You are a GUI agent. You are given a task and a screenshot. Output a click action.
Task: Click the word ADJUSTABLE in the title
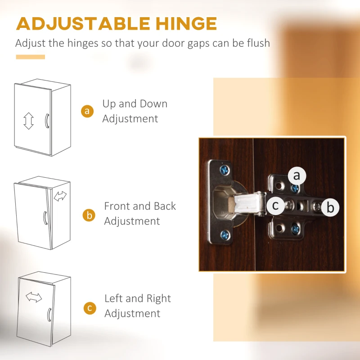click(x=83, y=23)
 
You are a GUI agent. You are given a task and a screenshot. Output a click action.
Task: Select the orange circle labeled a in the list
click(x=87, y=111)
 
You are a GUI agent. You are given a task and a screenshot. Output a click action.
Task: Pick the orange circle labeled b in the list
click(x=89, y=215)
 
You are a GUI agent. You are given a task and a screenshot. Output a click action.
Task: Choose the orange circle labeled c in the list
click(x=90, y=308)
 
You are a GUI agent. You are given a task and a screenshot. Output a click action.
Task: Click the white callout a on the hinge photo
click(x=297, y=176)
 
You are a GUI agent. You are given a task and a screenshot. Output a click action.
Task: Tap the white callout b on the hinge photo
click(x=330, y=207)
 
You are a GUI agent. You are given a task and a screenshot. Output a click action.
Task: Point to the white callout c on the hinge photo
click(x=275, y=205)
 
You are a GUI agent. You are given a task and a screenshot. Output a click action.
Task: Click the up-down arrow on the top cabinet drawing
click(x=28, y=121)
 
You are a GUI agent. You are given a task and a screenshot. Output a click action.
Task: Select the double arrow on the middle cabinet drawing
click(x=60, y=196)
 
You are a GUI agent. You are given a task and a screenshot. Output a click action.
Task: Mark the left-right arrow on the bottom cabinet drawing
click(x=34, y=297)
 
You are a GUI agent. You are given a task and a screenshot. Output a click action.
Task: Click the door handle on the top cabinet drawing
click(x=47, y=121)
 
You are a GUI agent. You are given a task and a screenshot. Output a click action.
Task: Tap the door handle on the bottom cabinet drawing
click(x=49, y=315)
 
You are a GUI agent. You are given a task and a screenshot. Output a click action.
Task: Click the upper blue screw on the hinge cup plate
click(x=225, y=170)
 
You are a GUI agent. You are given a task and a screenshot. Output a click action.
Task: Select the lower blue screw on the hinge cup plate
click(x=225, y=235)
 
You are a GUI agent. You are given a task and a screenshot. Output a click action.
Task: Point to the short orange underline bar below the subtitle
click(x=31, y=57)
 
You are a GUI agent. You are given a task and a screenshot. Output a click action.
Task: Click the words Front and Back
click(x=140, y=206)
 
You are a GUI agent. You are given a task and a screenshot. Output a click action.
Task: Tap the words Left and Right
click(x=138, y=298)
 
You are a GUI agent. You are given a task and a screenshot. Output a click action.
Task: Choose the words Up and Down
click(x=135, y=104)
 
